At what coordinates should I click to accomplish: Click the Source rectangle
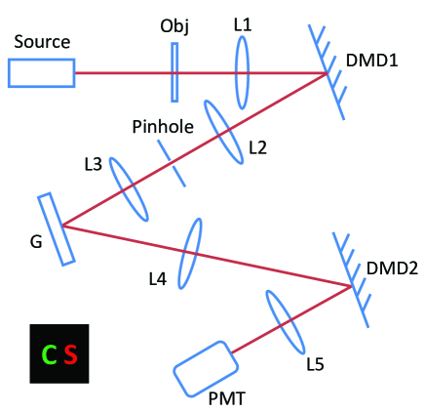[42, 73]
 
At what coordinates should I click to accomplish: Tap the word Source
[42, 42]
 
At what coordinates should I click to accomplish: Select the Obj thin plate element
[174, 72]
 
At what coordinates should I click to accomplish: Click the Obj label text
[174, 24]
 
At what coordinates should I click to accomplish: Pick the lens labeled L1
[243, 72]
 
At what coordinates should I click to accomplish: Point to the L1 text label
[243, 24]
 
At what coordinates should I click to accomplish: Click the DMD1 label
[372, 60]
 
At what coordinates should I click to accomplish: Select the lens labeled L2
[223, 132]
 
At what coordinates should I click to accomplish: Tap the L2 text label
[257, 148]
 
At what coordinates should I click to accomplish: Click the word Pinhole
[164, 127]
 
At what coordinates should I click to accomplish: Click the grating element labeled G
[57, 228]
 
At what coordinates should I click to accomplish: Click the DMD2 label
[394, 268]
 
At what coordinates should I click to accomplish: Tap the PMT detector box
[206, 368]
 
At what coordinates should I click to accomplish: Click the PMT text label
[228, 398]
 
